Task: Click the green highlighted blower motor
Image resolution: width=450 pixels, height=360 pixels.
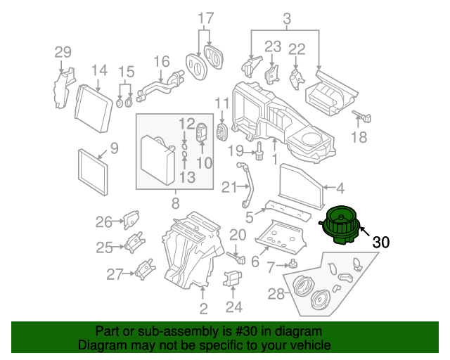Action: point(340,226)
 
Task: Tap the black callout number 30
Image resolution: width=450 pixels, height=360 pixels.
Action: point(381,243)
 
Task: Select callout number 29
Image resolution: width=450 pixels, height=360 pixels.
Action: point(63,53)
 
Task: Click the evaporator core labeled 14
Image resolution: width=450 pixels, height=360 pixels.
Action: point(94,108)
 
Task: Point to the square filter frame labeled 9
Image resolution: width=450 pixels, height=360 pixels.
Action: point(93,172)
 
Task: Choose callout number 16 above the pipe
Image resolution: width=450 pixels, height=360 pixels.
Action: point(162,62)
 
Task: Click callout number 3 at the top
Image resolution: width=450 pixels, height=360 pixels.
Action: point(287,19)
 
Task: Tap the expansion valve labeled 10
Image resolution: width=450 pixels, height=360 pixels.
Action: point(202,133)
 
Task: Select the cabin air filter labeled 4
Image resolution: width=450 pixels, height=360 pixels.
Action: point(301,186)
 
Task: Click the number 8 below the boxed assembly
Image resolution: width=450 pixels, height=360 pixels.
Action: point(176,203)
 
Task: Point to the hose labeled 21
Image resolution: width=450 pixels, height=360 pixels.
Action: point(247,186)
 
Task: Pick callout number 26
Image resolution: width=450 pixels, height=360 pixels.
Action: point(103,222)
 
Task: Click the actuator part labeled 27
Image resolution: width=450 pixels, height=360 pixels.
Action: point(146,269)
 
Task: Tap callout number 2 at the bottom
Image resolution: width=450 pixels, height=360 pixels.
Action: point(203,309)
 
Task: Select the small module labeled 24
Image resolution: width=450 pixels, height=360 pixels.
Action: point(233,278)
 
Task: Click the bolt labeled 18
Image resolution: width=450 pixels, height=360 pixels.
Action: point(362,116)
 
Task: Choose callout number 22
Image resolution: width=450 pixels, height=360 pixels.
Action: point(297,49)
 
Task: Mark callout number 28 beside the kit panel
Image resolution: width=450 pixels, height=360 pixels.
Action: point(276,294)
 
